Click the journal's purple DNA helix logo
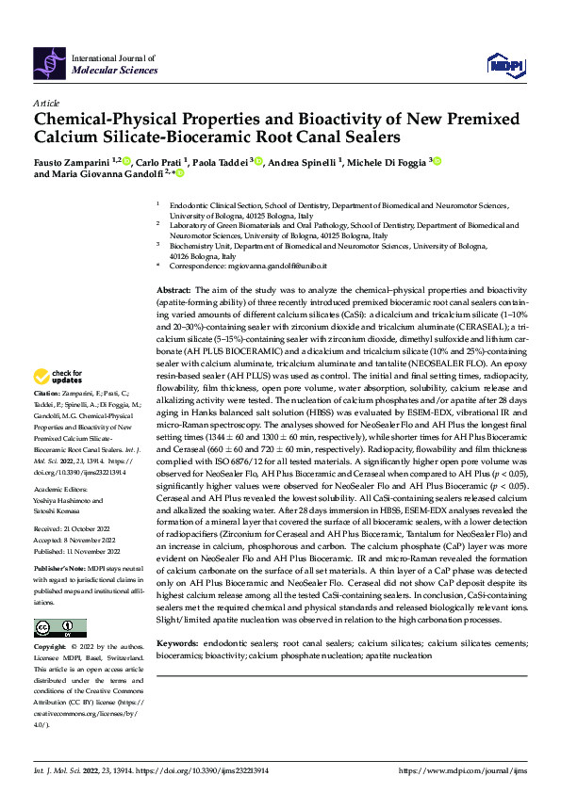[48, 62]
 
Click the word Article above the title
[45, 102]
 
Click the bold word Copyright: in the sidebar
[51, 647]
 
